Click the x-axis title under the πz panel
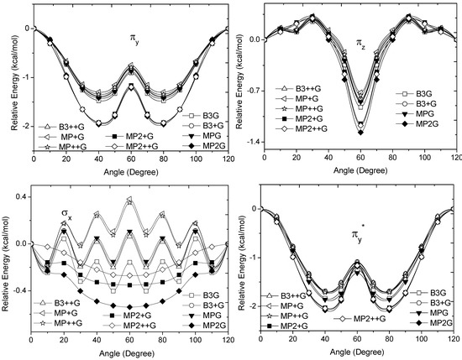(361, 169)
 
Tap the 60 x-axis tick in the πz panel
(362, 156)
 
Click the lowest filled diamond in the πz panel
(362, 132)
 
